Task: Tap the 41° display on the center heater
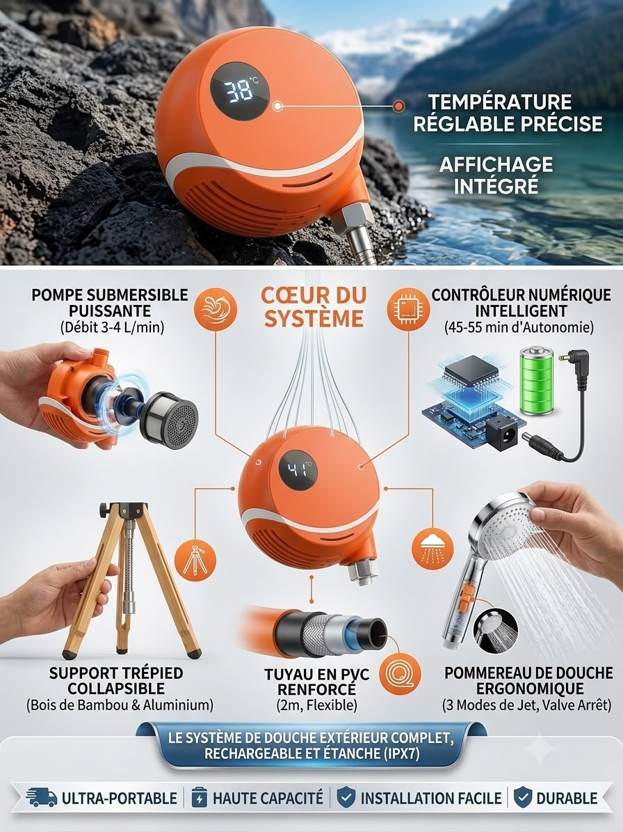298,469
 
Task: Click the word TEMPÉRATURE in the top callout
499,102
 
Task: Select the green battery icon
537,380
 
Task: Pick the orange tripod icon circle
195,560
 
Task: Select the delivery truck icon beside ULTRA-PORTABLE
42,797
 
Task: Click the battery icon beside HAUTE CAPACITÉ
199,797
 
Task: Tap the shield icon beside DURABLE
523,797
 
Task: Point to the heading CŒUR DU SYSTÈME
314,307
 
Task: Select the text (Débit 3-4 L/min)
113,327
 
